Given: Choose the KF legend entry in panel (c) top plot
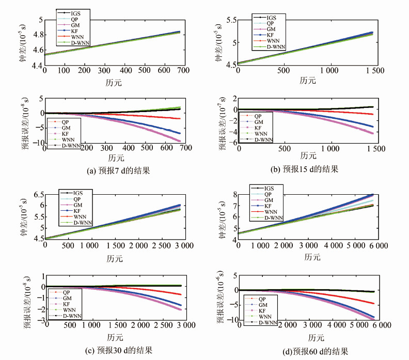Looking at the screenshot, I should (75, 210).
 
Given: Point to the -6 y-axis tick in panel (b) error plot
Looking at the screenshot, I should (233, 143).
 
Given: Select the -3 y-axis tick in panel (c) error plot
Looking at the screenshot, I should (38, 320).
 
